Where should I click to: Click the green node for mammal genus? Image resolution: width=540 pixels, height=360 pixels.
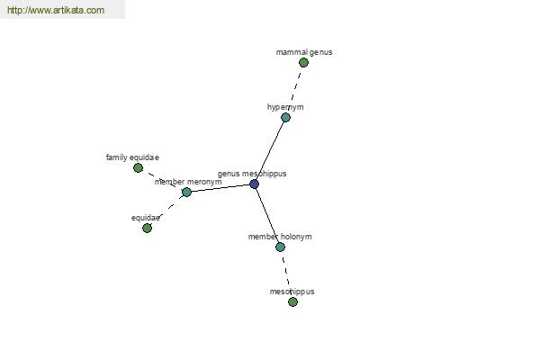click(x=303, y=63)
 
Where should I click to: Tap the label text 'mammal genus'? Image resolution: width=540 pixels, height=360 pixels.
click(x=304, y=52)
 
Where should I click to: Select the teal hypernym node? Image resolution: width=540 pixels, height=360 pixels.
click(x=285, y=118)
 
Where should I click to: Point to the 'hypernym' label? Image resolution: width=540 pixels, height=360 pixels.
click(x=285, y=107)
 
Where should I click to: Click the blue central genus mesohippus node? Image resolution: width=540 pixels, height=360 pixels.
click(x=254, y=184)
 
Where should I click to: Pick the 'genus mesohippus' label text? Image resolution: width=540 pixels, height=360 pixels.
click(x=252, y=174)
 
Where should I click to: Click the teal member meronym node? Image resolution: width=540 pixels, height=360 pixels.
click(x=186, y=192)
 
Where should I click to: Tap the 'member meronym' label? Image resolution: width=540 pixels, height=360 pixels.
click(x=188, y=182)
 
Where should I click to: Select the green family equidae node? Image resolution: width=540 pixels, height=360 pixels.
click(x=138, y=167)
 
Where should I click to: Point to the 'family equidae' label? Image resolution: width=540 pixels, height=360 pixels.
click(x=132, y=157)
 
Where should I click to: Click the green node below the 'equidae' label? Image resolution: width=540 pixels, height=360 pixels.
click(x=147, y=228)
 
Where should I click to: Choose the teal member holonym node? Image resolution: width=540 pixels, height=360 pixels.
click(x=280, y=247)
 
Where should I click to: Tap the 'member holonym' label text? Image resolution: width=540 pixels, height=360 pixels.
click(x=280, y=237)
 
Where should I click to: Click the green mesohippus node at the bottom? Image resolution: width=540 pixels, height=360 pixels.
click(x=292, y=302)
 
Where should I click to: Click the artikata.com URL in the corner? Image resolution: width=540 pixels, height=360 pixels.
click(x=56, y=10)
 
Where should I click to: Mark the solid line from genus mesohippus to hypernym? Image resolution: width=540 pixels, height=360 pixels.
click(x=270, y=150)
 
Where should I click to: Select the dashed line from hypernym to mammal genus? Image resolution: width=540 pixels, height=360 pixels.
click(x=294, y=90)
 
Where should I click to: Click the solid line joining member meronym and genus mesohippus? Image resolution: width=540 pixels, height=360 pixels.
click(x=220, y=188)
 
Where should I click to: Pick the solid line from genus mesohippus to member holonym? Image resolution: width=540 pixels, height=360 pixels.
click(x=267, y=215)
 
